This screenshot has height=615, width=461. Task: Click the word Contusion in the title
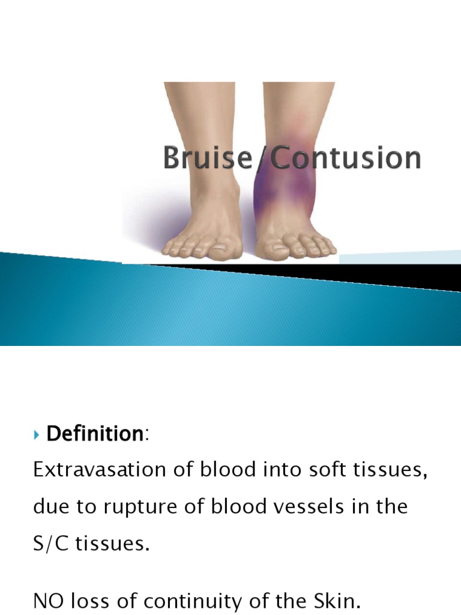point(346,159)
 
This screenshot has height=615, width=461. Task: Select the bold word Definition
point(93,434)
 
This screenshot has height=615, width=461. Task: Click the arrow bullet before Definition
point(37,434)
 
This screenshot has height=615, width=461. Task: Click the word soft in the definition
point(310,470)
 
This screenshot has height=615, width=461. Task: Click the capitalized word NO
point(48,601)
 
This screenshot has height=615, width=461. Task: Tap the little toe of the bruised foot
point(331,248)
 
